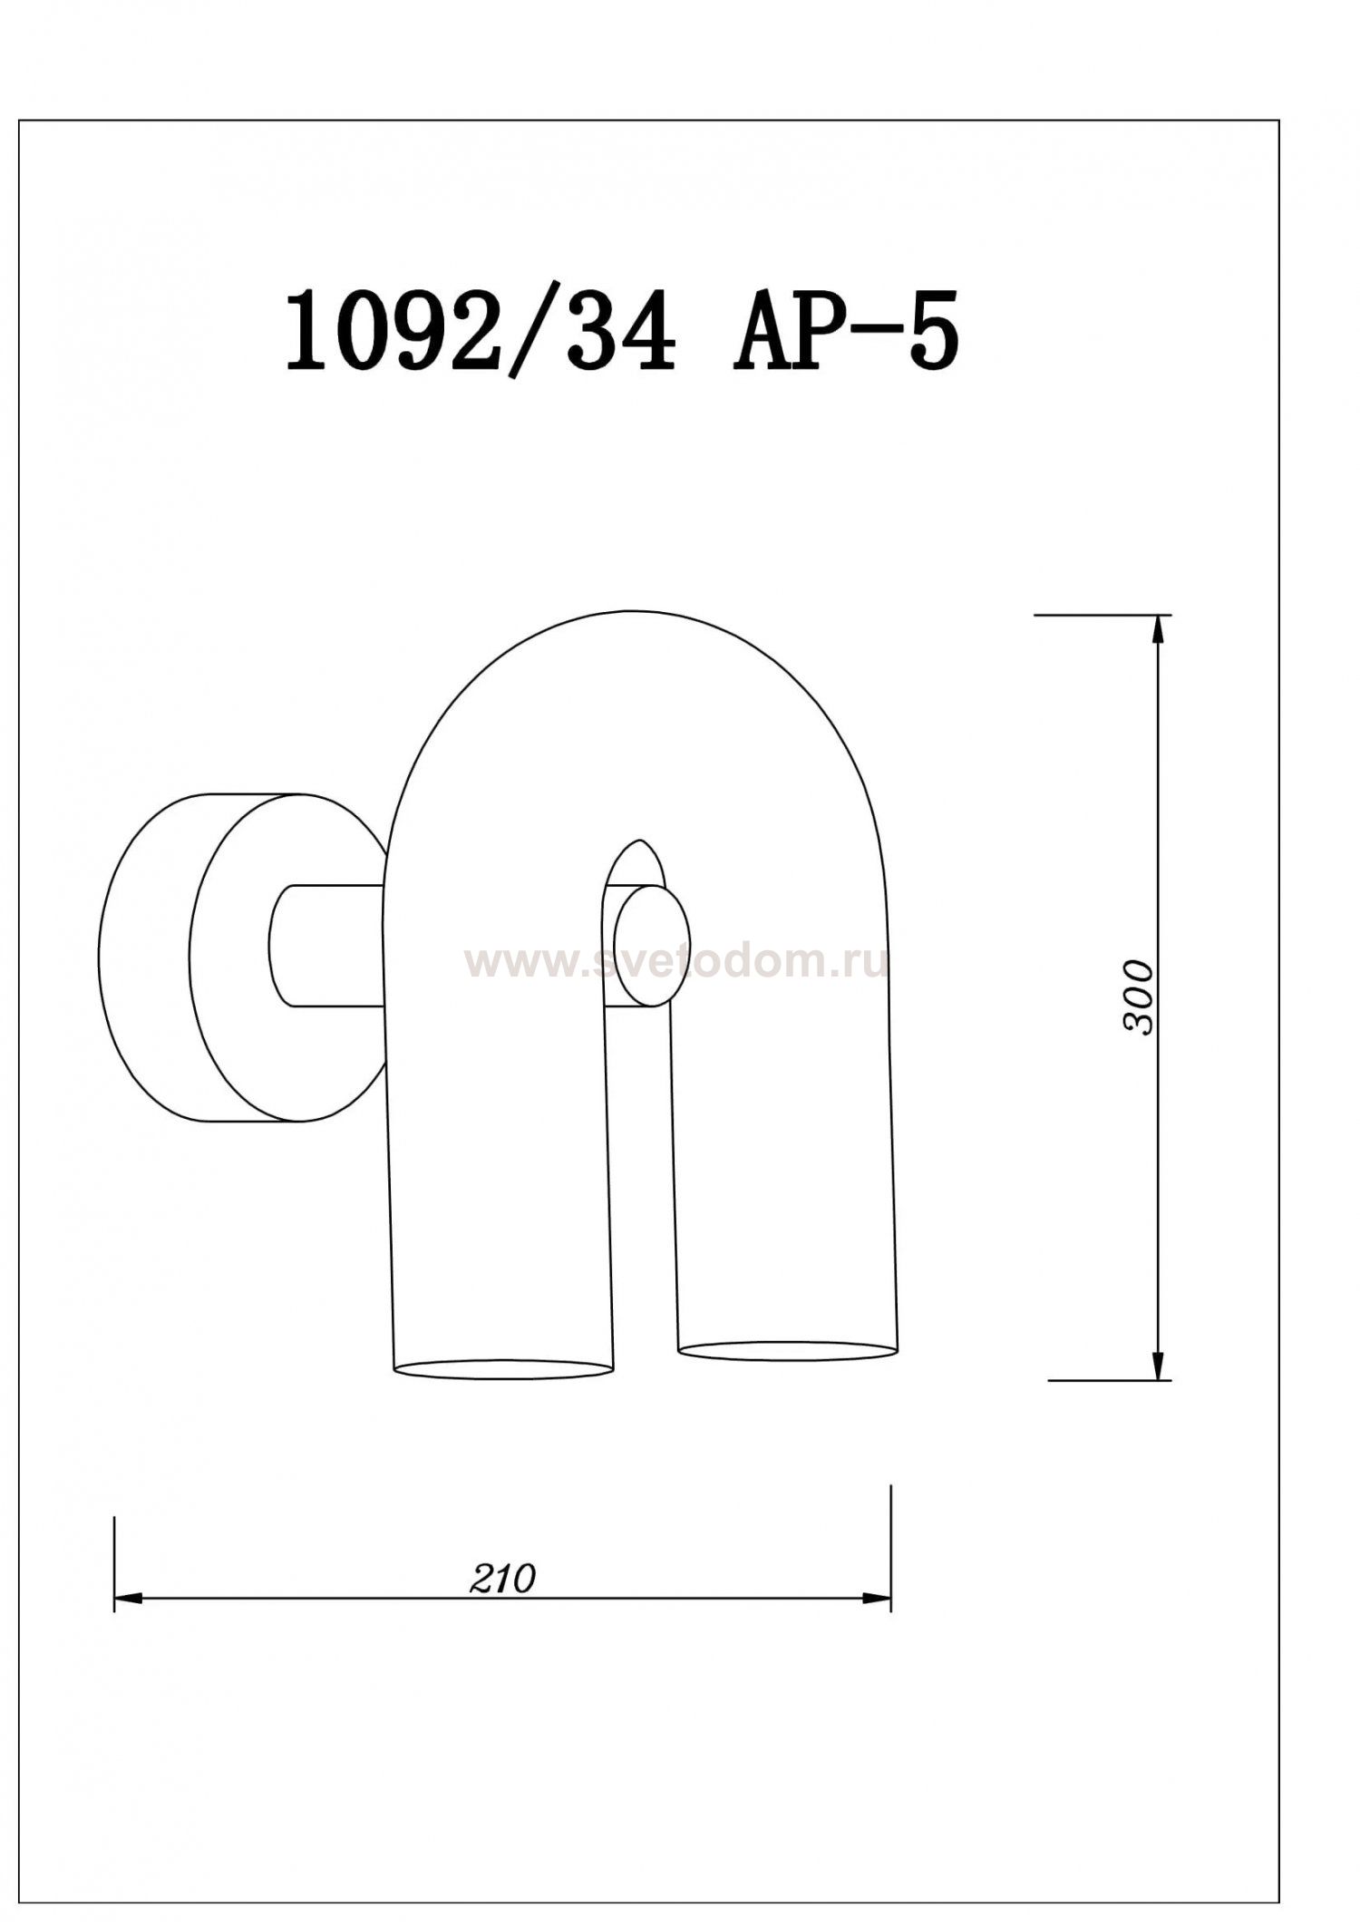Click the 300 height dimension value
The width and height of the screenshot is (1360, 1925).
1139,997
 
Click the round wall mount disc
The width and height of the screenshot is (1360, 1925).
145,958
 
